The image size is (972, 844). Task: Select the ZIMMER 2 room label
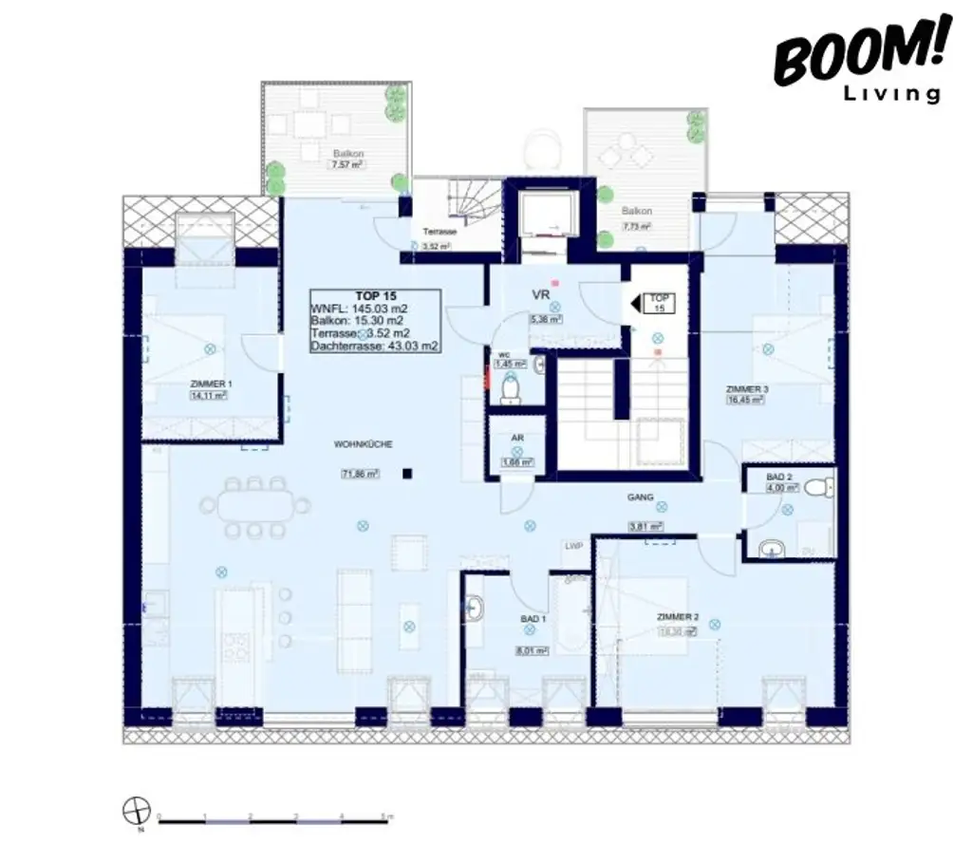point(679,616)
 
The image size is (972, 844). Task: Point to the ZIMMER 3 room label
point(747,389)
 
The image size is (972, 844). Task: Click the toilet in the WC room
point(511,387)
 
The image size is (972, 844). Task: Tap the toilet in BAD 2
point(818,488)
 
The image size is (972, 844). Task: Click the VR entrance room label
point(540,294)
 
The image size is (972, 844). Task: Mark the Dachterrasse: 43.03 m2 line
point(374,347)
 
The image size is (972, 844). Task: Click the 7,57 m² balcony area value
point(347,164)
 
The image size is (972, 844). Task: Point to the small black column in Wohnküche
point(407,473)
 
